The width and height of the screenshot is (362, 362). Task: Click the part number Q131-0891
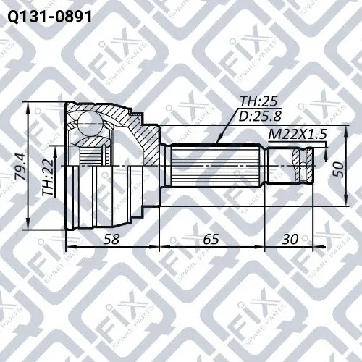(50, 17)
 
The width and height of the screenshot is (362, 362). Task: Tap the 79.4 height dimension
(20, 167)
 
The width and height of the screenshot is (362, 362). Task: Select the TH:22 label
(48, 177)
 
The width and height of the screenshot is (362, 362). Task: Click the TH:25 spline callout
(258, 101)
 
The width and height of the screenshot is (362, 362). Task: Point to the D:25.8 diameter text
(260, 117)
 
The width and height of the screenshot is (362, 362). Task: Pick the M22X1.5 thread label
(298, 134)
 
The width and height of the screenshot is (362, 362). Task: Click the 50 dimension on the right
(338, 169)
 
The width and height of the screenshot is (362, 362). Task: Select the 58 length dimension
(111, 239)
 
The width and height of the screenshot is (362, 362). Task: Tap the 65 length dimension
(211, 239)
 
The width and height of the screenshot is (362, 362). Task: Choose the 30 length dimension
(290, 239)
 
